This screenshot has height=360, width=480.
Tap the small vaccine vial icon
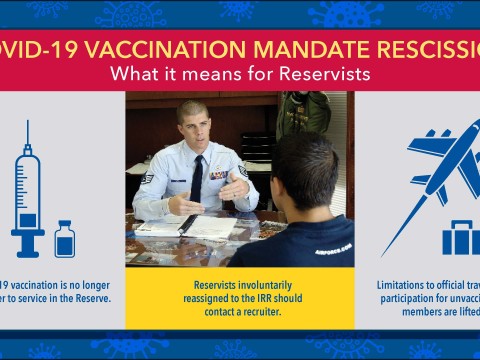pyautogui.click(x=65, y=239)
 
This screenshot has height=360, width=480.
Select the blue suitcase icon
pyautogui.click(x=460, y=238)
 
